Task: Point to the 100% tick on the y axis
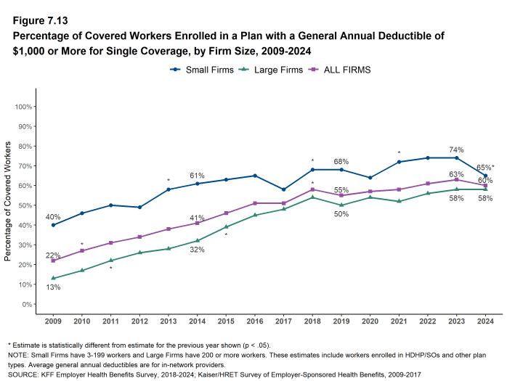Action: pyautogui.click(x=23, y=107)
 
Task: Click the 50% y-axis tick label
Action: pyautogui.click(x=24, y=205)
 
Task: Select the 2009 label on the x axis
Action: pyautogui.click(x=53, y=320)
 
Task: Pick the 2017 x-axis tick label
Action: pyautogui.click(x=283, y=320)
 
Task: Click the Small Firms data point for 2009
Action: pyautogui.click(x=53, y=225)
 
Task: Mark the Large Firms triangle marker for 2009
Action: pyautogui.click(x=53, y=278)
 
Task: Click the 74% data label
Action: pyautogui.click(x=455, y=149)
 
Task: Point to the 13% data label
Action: pyautogui.click(x=53, y=288)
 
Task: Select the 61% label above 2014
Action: pyautogui.click(x=197, y=176)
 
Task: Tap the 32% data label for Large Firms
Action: pyautogui.click(x=197, y=250)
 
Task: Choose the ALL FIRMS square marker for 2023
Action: pyautogui.click(x=455, y=179)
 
